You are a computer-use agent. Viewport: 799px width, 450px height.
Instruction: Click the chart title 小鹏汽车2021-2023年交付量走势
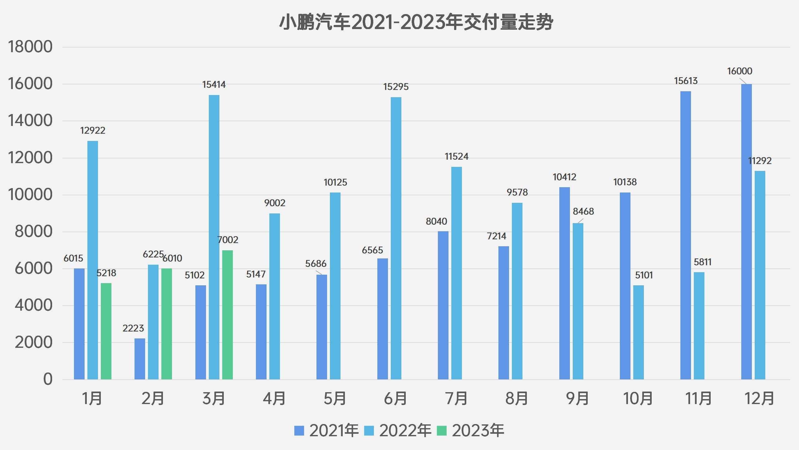pyautogui.click(x=416, y=22)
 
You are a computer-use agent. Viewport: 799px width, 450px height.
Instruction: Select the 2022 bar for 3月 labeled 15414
pyautogui.click(x=214, y=237)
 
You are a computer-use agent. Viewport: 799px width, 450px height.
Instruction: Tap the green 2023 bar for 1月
pyautogui.click(x=106, y=331)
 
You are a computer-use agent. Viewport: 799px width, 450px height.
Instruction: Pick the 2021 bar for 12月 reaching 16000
pyautogui.click(x=746, y=231)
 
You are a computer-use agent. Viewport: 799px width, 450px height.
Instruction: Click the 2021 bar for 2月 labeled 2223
pyautogui.click(x=140, y=359)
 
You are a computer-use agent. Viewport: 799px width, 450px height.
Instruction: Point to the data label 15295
pyautogui.click(x=396, y=87)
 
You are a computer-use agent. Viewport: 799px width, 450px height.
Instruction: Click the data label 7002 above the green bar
pyautogui.click(x=228, y=240)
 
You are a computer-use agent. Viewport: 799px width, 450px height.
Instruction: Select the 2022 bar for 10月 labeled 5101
pyautogui.click(x=638, y=332)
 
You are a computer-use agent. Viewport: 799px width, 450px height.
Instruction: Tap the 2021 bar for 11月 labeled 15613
pyautogui.click(x=685, y=235)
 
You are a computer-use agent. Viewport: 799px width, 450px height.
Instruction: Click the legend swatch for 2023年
pyautogui.click(x=441, y=431)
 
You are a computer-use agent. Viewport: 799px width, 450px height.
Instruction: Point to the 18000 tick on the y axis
pyautogui.click(x=30, y=47)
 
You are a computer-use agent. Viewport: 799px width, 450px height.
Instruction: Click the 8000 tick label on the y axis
pyautogui.click(x=33, y=232)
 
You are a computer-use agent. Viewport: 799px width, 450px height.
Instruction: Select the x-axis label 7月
pyautogui.click(x=456, y=398)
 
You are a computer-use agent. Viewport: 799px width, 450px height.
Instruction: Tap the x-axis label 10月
pyautogui.click(x=638, y=398)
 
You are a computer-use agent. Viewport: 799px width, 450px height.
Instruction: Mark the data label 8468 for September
pyautogui.click(x=583, y=212)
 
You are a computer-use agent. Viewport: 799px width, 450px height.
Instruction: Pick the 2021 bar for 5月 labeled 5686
pyautogui.click(x=321, y=327)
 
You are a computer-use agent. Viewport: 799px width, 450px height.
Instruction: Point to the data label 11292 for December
pyautogui.click(x=760, y=161)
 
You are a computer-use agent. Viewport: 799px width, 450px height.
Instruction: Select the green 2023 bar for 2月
pyautogui.click(x=167, y=324)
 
